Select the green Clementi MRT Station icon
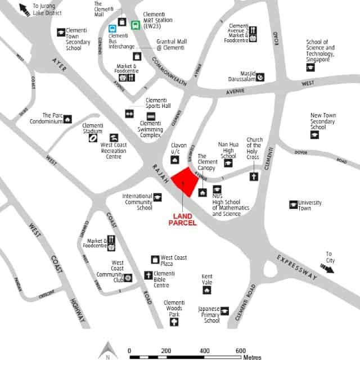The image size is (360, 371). tap(136, 25)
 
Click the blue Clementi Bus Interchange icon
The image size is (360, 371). tap(121, 25)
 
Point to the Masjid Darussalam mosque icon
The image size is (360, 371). tap(260, 77)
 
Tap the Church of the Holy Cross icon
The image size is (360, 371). tap(254, 177)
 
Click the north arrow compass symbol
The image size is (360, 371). tap(106, 351)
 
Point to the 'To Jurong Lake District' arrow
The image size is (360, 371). tap(24, 8)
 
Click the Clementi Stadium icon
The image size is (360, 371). tap(92, 137)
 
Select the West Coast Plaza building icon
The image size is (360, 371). tap(155, 259)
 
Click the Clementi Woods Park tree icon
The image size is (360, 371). tap(174, 322)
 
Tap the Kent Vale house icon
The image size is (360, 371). tap(207, 290)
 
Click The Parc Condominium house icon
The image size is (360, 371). tap(67, 119)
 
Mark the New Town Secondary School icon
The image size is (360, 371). tap(314, 135)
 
